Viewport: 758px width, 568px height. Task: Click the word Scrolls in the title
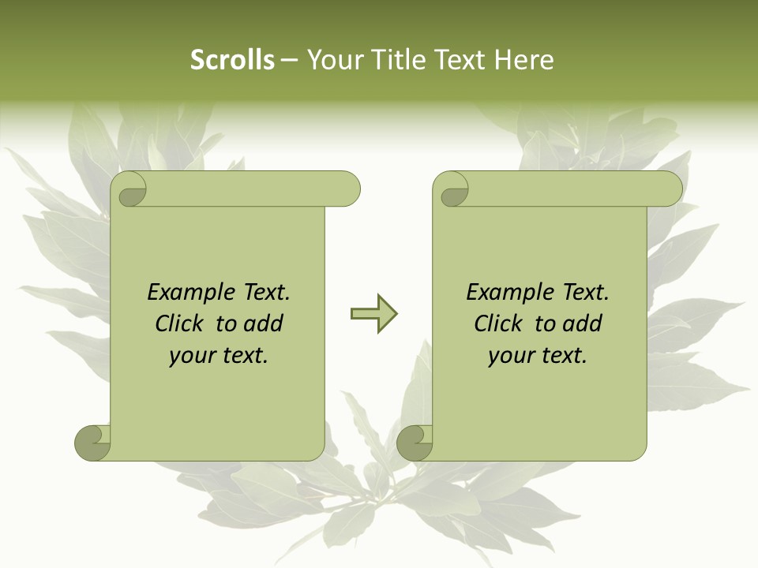point(232,60)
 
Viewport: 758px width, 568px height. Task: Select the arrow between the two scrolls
point(373,314)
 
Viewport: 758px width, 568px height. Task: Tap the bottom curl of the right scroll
point(415,443)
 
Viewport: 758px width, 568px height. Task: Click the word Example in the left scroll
point(189,293)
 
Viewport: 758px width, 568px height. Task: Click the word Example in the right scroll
point(508,293)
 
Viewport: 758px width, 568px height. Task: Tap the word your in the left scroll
point(190,356)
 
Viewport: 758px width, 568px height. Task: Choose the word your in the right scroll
point(509,356)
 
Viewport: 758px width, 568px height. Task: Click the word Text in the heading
point(460,60)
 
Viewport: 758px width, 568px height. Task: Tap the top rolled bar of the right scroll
point(568,189)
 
